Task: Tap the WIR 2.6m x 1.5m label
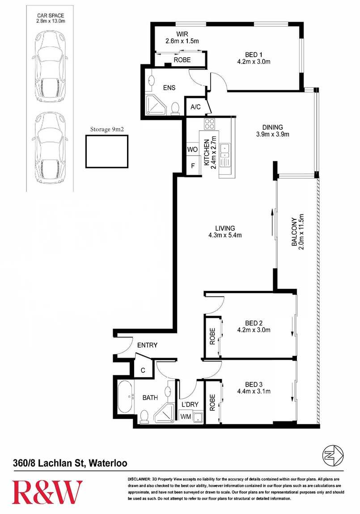tap(182, 38)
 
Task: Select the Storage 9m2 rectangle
tap(107, 152)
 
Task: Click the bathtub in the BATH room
tap(125, 397)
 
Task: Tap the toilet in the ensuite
tap(175, 108)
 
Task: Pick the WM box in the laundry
tap(186, 417)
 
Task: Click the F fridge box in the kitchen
tap(193, 166)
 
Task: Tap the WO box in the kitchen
tap(192, 149)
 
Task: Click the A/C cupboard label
tap(196, 107)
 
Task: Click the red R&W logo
tap(47, 492)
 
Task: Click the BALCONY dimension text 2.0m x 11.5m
tap(301, 232)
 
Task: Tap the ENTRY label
tap(147, 345)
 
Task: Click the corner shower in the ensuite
tap(156, 105)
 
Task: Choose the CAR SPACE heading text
tap(51, 15)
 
